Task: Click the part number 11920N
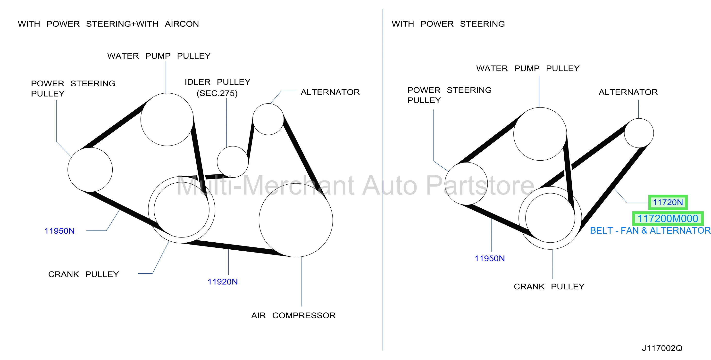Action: click(x=222, y=282)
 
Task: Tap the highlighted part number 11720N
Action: click(x=667, y=202)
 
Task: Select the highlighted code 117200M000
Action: click(x=668, y=219)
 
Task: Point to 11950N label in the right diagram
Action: click(x=489, y=259)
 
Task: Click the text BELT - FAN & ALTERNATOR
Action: click(x=650, y=230)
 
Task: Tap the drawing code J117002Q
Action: click(x=662, y=348)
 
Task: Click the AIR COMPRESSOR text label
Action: click(x=293, y=315)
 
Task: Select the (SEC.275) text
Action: click(x=217, y=93)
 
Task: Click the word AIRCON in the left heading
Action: click(x=182, y=24)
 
